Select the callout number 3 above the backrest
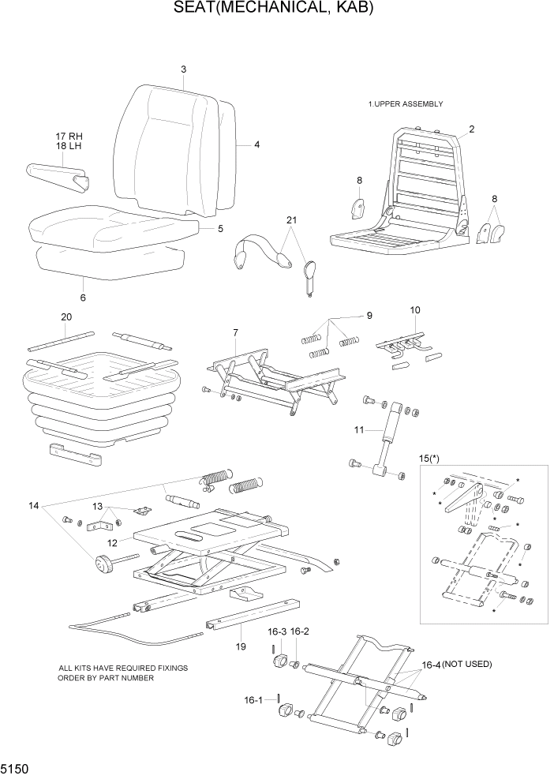(183, 69)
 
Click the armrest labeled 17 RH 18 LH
(59, 174)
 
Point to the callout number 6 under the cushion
(83, 298)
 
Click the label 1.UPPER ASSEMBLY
(405, 104)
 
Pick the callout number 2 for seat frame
(471, 129)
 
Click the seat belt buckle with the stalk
(309, 272)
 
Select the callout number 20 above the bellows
(66, 317)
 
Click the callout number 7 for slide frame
(234, 333)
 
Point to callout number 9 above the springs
(368, 317)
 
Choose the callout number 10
(415, 310)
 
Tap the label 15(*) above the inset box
(431, 458)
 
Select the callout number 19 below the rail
(241, 646)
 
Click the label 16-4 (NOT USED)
(456, 665)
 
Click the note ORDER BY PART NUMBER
(106, 678)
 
